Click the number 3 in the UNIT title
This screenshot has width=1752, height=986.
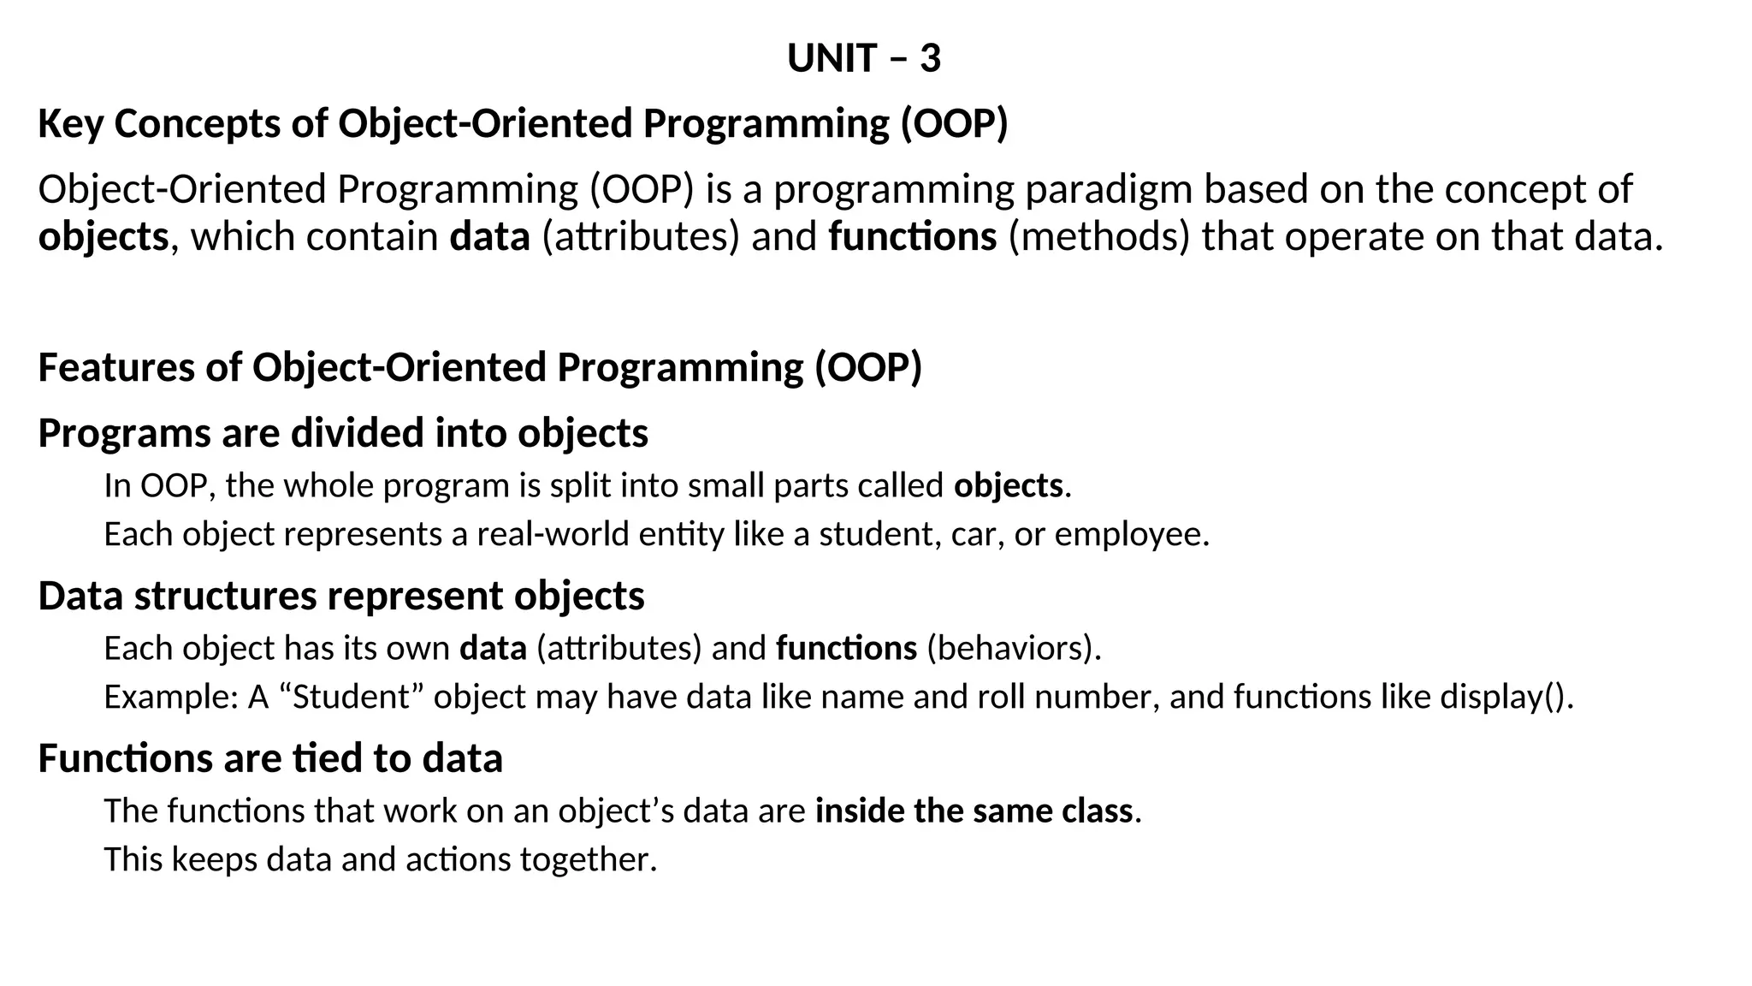[x=930, y=59]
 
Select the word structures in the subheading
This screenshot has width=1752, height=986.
[x=225, y=596]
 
